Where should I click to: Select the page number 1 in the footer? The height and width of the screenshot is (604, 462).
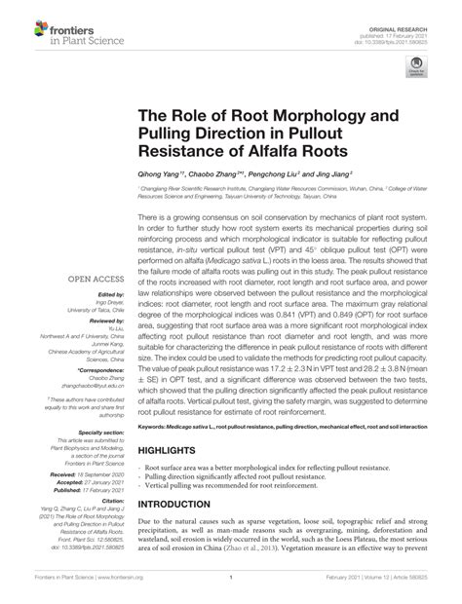tap(230, 589)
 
